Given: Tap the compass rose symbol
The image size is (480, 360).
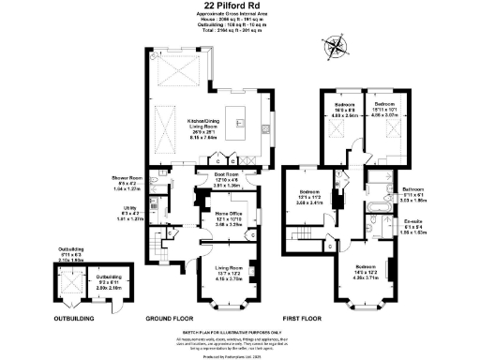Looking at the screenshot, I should [x=334, y=48].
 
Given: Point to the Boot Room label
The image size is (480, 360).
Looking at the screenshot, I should [x=229, y=179].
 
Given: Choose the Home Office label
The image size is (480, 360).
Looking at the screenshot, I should [x=229, y=218].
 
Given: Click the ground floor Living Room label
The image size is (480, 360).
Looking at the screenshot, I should [x=229, y=272].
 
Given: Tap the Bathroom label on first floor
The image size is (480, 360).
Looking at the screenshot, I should [x=416, y=195].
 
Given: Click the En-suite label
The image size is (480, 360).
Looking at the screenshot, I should [x=415, y=225].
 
